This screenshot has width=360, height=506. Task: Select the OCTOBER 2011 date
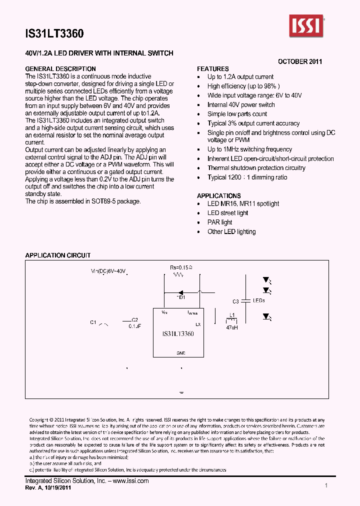pos(300,61)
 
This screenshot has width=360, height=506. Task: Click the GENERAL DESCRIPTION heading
pos(60,69)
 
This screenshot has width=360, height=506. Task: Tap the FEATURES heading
pos(213,69)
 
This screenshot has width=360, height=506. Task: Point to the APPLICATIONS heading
pos(218,195)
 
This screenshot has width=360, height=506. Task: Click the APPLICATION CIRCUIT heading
pos(58,255)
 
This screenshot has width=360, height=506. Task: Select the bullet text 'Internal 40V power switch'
pos(241,105)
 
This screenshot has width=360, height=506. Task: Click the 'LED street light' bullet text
pos(228,213)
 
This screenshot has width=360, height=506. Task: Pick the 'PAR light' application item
pos(220,222)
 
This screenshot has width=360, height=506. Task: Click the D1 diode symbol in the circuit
pos(181,291)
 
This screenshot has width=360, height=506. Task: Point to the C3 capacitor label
pos(236,301)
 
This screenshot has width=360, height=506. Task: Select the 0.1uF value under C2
pos(134,326)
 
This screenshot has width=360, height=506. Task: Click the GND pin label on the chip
pos(181,353)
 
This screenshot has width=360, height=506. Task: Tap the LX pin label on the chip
pos(198,324)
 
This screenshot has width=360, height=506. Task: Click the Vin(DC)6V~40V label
pos(108,271)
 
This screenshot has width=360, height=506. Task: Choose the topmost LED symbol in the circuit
pos(266,281)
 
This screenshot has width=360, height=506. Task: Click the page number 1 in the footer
pos(326,485)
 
